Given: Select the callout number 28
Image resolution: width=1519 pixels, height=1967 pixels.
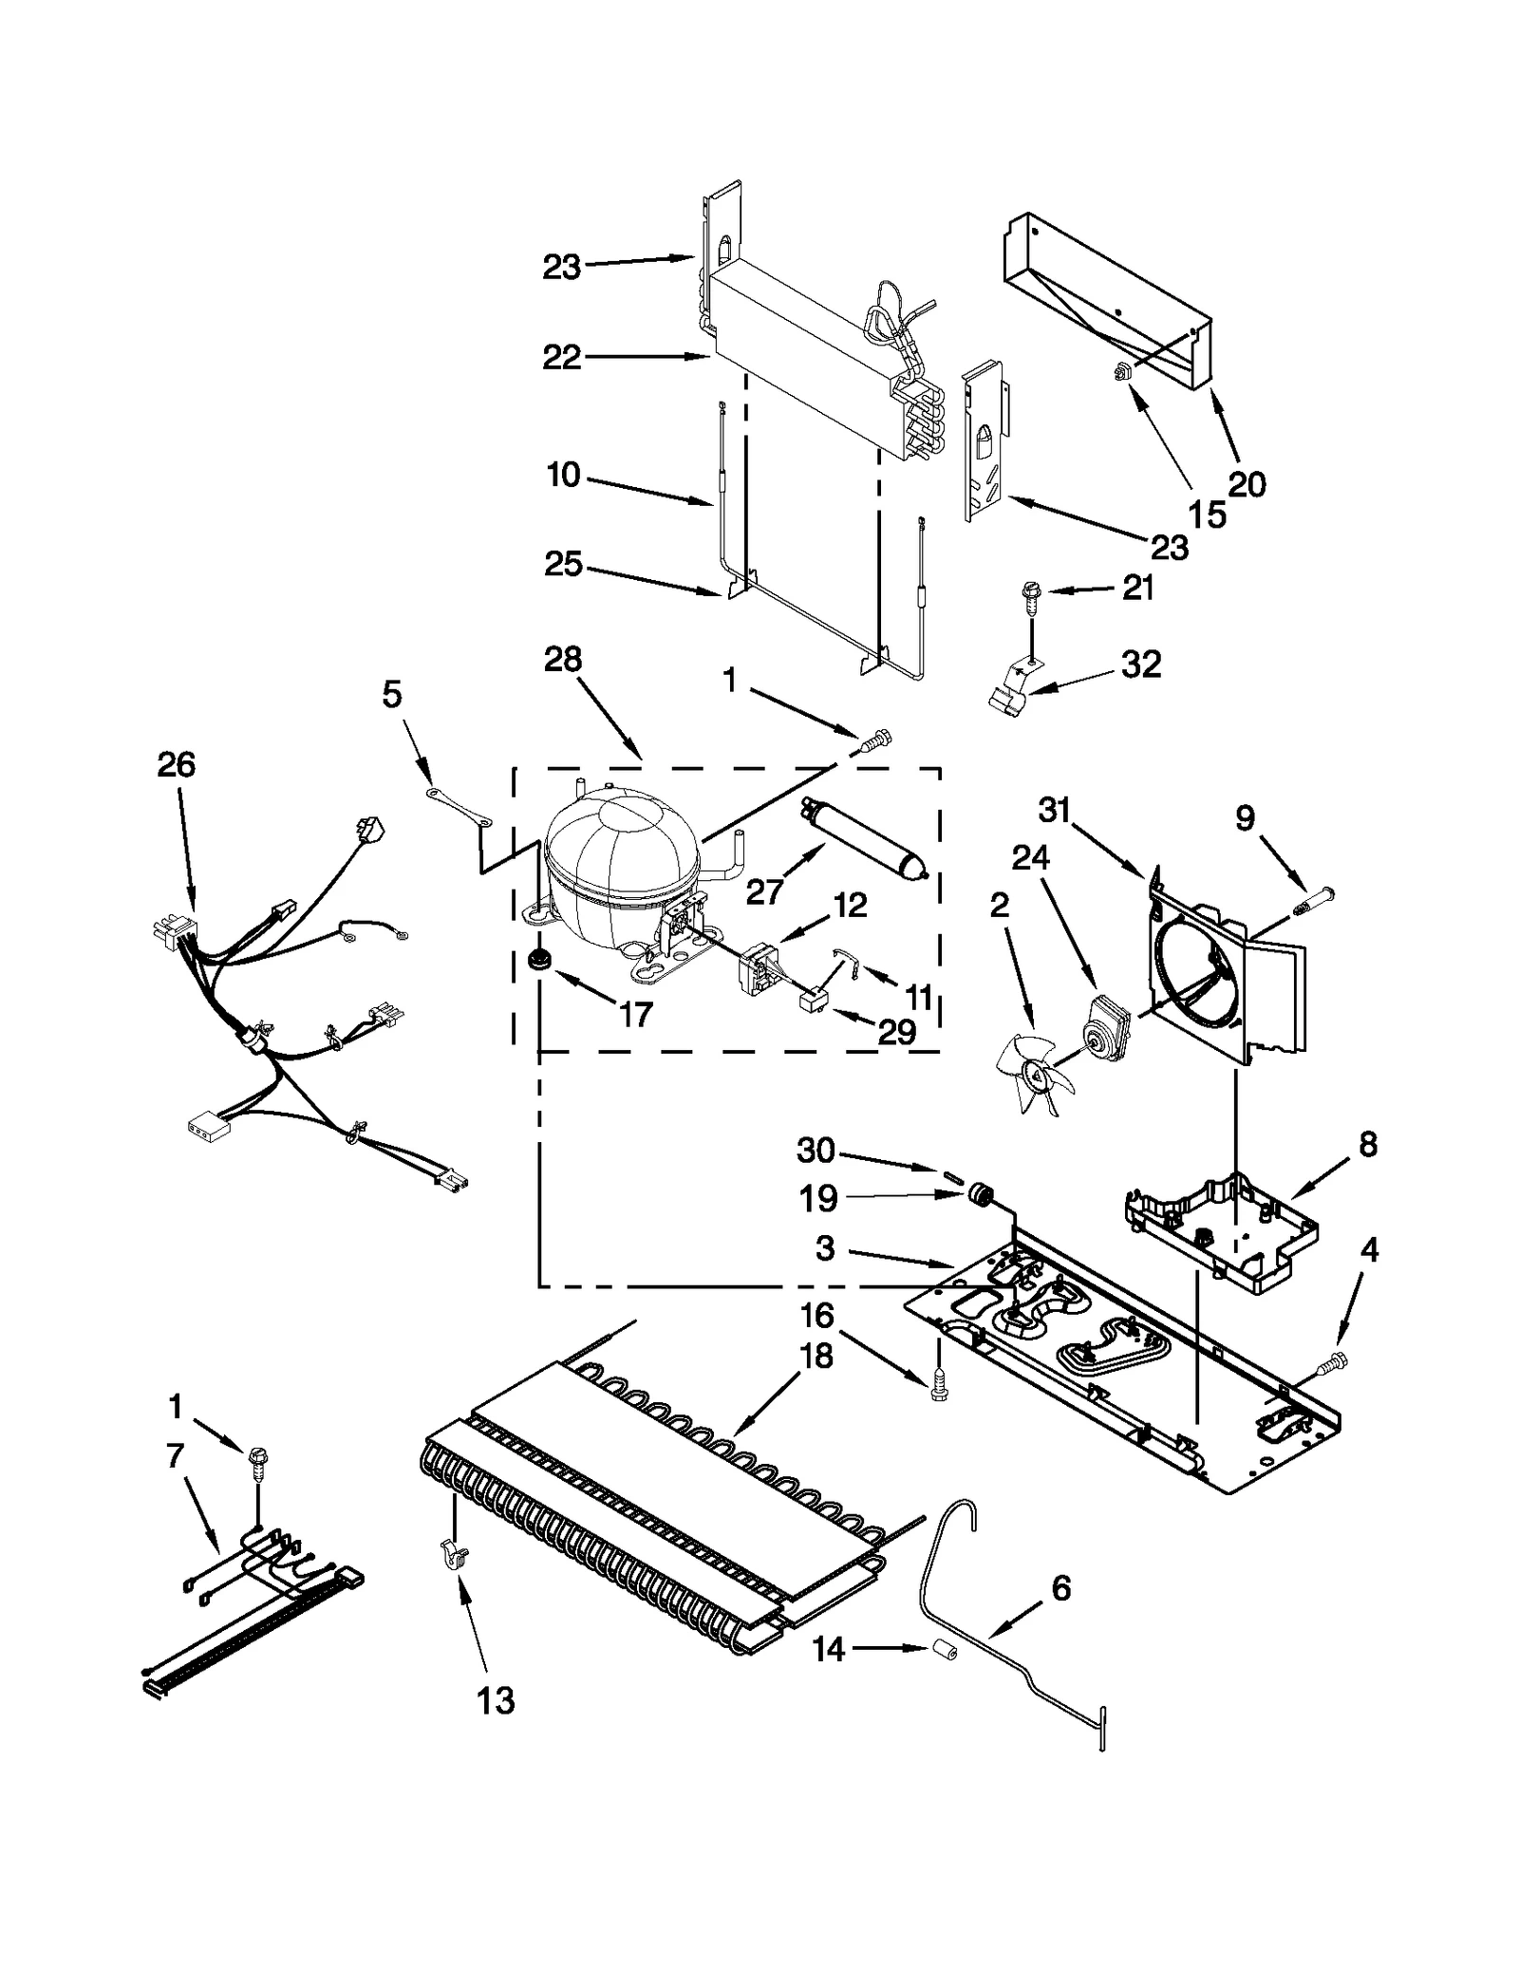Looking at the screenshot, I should coord(562,659).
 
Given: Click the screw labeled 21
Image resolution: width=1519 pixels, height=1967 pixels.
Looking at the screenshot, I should coord(1029,594).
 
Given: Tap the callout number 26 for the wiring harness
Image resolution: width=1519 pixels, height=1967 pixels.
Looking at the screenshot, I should coord(177,764).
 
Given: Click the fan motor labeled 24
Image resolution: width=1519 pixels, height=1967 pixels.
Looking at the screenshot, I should coord(1105,1025).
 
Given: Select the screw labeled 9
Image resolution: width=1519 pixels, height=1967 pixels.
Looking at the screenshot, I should coord(1310,896).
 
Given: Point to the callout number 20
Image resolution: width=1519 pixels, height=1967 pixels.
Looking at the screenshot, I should coord(1247,484).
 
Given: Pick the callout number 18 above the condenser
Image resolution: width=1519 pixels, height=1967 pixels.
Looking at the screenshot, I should coord(816,1357).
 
